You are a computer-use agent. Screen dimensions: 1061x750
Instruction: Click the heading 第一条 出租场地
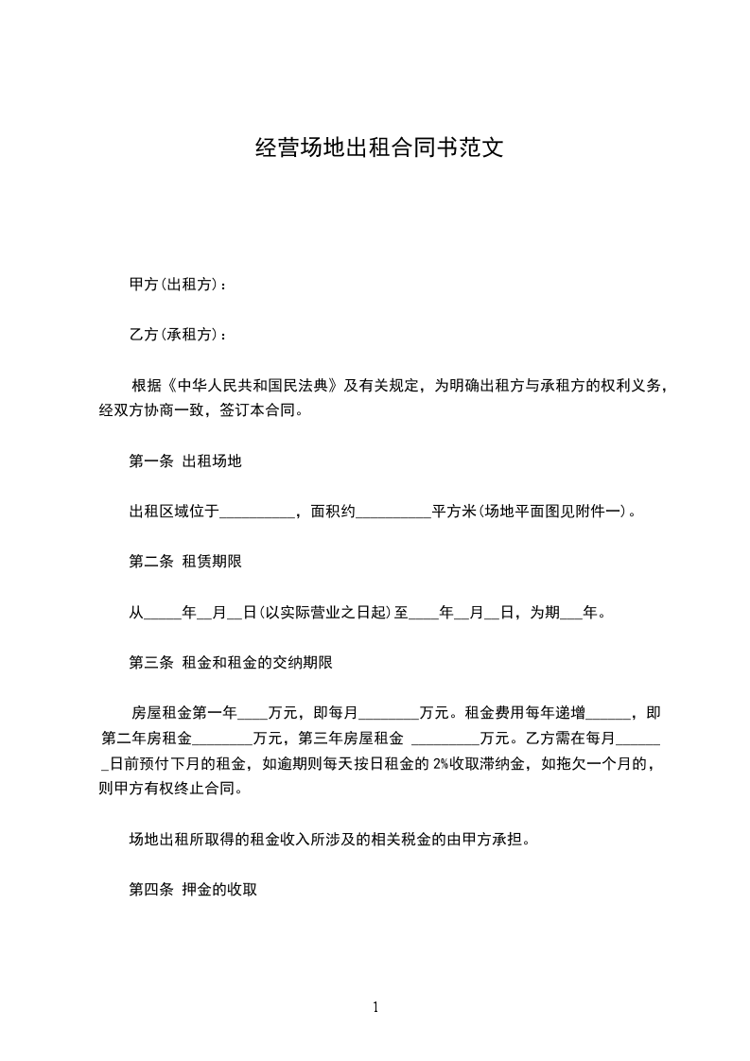(185, 461)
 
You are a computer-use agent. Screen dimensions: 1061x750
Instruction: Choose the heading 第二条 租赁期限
(185, 562)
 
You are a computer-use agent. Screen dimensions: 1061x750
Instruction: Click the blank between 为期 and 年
(571, 614)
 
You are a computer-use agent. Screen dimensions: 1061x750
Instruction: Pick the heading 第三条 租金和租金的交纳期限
(230, 662)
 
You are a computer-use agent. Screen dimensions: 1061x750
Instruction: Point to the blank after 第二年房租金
(222, 739)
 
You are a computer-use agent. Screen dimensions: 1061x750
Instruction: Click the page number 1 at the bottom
(375, 1007)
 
